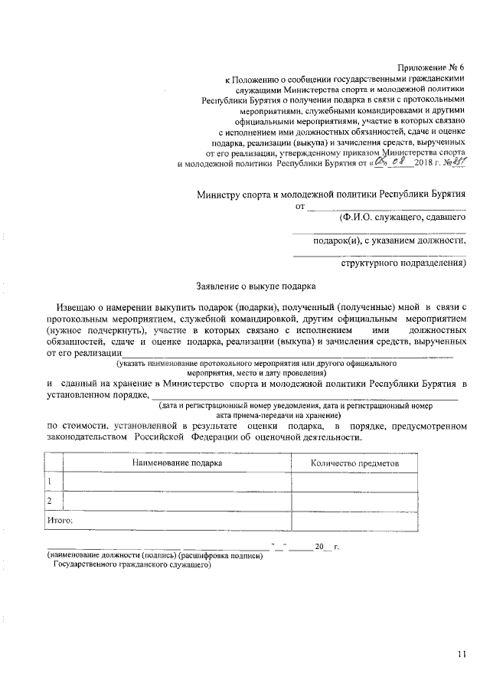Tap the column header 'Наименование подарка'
pyautogui.click(x=177, y=463)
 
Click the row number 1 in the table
pyautogui.click(x=50, y=482)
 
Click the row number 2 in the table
pyautogui.click(x=50, y=501)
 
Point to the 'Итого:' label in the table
pyautogui.click(x=60, y=521)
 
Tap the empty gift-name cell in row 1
pyautogui.click(x=177, y=482)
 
